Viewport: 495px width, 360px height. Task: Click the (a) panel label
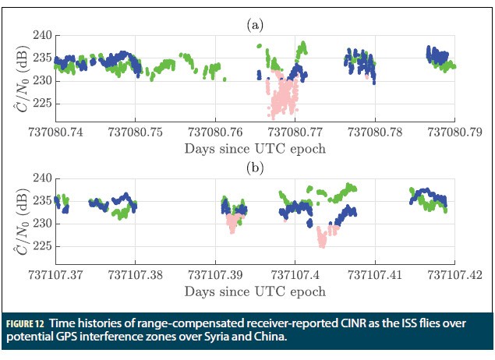[x=255, y=25]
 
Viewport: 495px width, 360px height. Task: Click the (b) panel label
[x=255, y=168]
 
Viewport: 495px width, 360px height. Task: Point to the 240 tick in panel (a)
[x=41, y=36]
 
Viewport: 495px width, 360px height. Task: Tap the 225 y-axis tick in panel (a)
[x=41, y=102]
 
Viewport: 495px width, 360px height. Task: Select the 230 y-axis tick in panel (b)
[x=41, y=223]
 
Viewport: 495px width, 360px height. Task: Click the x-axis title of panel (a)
[x=255, y=148]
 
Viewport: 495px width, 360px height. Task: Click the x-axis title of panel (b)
[x=255, y=291]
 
